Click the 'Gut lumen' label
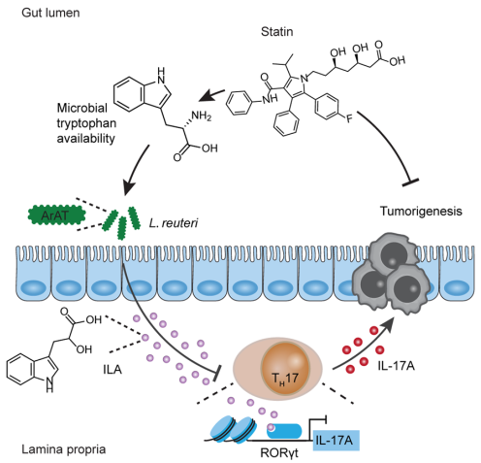click(x=50, y=13)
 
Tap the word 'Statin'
click(x=277, y=32)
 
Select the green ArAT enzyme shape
click(x=57, y=215)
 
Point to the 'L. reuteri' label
click(x=174, y=223)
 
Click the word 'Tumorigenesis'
click(x=421, y=212)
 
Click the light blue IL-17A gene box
click(x=337, y=440)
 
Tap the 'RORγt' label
click(x=279, y=452)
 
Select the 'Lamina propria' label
click(x=64, y=449)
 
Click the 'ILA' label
click(x=112, y=369)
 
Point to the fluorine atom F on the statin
click(x=349, y=119)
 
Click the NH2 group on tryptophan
click(x=202, y=116)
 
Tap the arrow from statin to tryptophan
click(x=211, y=95)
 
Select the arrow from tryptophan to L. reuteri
click(x=137, y=170)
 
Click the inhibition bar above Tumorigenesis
click(x=410, y=182)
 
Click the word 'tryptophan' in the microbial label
click(x=86, y=123)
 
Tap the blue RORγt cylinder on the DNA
click(x=284, y=431)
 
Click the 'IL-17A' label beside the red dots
click(x=396, y=366)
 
